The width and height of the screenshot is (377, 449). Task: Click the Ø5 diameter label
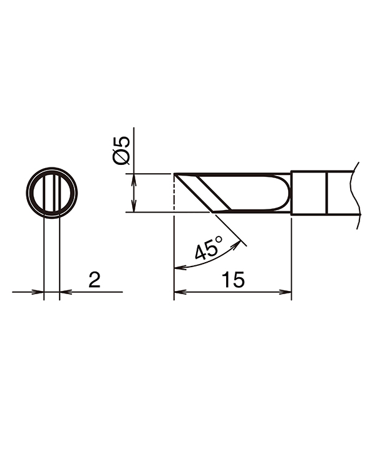click(x=123, y=150)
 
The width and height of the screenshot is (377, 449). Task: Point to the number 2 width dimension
click(x=94, y=280)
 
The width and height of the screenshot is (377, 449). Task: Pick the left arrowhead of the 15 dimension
click(x=178, y=292)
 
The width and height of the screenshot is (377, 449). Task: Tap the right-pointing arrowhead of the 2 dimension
click(x=39, y=292)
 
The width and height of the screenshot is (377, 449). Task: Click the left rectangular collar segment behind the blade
click(x=309, y=193)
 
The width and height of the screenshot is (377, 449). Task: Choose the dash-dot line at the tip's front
click(x=173, y=193)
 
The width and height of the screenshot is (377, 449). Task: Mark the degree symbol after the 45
click(x=218, y=240)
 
